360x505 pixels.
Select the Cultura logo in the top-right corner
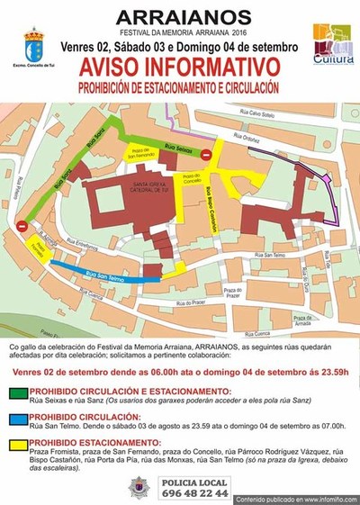[x=332, y=44]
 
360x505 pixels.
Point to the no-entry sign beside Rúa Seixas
[x=207, y=156]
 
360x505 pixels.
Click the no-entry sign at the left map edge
[x=22, y=227]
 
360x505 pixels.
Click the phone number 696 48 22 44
[x=194, y=494]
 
